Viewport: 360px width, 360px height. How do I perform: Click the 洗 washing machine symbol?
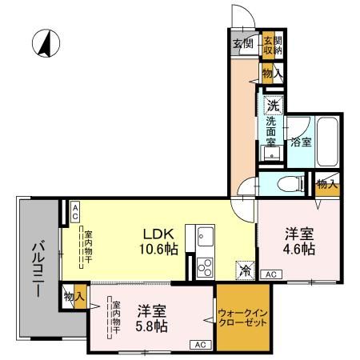pyautogui.click(x=273, y=104)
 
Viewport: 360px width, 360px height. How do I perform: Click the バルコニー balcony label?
pyautogui.click(x=37, y=269)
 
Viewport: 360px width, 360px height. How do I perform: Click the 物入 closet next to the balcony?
pyautogui.click(x=74, y=297)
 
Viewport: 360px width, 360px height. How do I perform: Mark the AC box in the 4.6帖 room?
pyautogui.click(x=270, y=274)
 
